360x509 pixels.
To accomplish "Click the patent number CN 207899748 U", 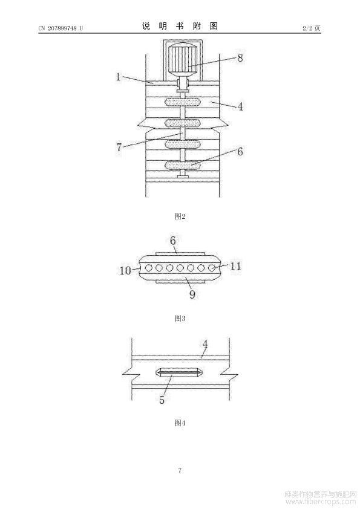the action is pyautogui.click(x=61, y=28).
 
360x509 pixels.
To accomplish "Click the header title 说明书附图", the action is pyautogui.click(x=180, y=26).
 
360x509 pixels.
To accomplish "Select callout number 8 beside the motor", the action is pyautogui.click(x=240, y=58).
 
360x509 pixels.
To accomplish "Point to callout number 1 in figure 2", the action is pyautogui.click(x=118, y=77).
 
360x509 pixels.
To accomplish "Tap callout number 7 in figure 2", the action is pyautogui.click(x=119, y=148).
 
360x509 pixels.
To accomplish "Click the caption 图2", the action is pyautogui.click(x=180, y=216).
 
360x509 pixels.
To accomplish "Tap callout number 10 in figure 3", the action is pyautogui.click(x=125, y=270).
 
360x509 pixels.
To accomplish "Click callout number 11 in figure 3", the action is pyautogui.click(x=235, y=266).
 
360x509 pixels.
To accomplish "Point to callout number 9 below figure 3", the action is pyautogui.click(x=192, y=294).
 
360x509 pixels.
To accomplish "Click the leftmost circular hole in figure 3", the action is pyautogui.click(x=148, y=268).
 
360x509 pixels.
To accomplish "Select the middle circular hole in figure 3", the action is pyautogui.click(x=180, y=268).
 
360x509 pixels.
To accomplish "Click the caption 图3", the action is pyautogui.click(x=180, y=318).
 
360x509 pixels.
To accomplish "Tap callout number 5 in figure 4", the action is pyautogui.click(x=162, y=400).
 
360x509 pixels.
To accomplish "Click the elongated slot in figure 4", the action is pyautogui.click(x=180, y=373).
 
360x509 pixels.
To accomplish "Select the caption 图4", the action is pyautogui.click(x=180, y=423).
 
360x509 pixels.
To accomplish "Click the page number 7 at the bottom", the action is pyautogui.click(x=180, y=470).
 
